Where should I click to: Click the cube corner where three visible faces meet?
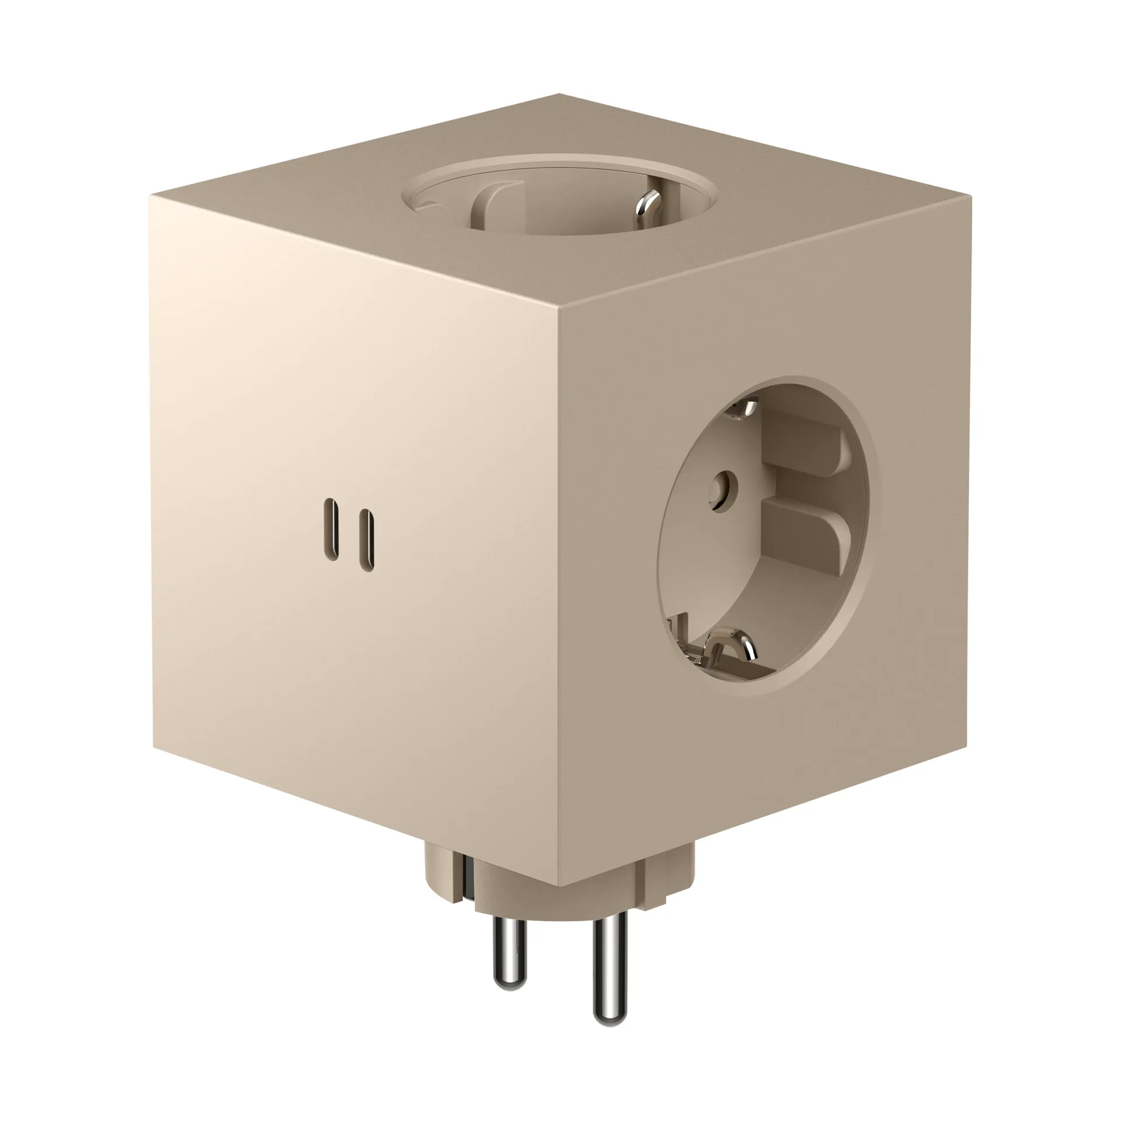pos(559,313)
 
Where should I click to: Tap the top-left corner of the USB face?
pos(149,197)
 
